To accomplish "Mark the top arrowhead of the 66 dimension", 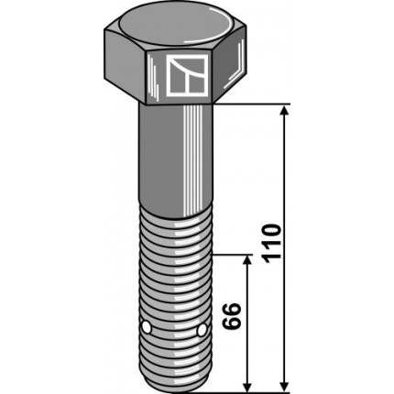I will (247, 261).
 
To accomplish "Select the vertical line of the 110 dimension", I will (285, 183).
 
